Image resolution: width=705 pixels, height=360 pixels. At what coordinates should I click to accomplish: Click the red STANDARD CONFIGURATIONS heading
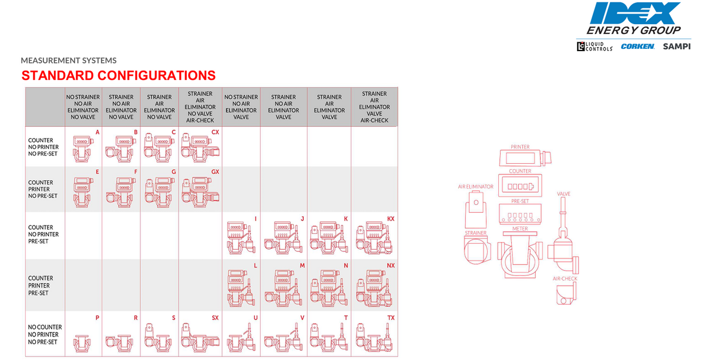tap(118, 76)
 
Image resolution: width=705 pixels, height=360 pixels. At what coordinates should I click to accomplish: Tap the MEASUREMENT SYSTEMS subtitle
tap(69, 60)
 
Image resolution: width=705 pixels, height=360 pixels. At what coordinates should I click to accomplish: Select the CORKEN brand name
tap(637, 46)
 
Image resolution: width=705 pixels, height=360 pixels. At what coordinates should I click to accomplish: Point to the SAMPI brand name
tap(676, 46)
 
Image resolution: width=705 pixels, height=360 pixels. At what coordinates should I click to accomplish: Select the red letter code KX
tap(391, 218)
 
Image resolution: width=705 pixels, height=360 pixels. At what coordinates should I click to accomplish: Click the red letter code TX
tap(391, 318)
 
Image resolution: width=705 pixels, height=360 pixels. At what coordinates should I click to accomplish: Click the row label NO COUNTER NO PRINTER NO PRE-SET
tap(45, 334)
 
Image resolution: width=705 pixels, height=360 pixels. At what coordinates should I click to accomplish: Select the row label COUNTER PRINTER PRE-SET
tap(41, 285)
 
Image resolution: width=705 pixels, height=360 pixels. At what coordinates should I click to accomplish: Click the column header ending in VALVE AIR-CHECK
tap(374, 107)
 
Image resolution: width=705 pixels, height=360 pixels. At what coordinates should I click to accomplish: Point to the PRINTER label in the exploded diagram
tap(520, 147)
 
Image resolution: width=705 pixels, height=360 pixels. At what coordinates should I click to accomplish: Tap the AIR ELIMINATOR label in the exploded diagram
tap(475, 187)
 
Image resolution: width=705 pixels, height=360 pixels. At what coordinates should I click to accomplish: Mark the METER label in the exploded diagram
tap(520, 228)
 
